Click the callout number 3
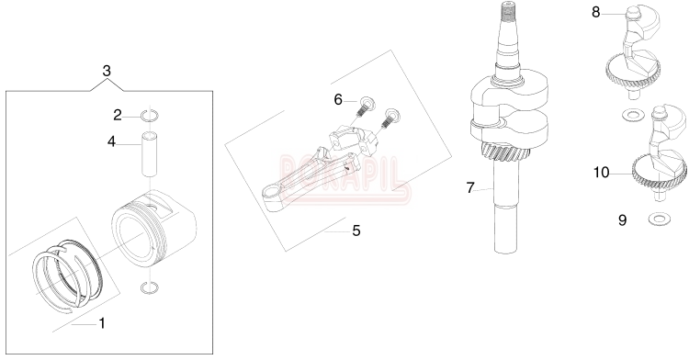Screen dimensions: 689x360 107,71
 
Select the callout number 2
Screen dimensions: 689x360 118,116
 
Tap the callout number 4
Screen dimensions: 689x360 111,141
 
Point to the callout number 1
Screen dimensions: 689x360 102,323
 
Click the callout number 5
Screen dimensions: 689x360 356,230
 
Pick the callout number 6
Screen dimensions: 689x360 338,100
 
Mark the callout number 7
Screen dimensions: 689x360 470,188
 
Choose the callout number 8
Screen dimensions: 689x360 596,12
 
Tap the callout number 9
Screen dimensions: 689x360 622,220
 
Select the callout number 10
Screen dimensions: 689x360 602,173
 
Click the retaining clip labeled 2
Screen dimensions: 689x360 150,116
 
